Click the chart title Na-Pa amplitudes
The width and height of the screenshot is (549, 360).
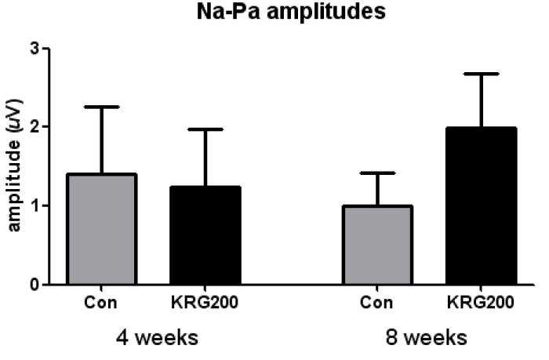click(x=291, y=13)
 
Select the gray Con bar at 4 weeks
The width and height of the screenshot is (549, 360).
click(x=101, y=229)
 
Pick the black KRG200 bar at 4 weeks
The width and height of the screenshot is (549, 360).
click(x=205, y=235)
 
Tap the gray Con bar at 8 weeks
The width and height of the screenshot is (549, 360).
click(x=377, y=245)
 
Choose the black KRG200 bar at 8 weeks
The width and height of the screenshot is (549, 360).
click(x=481, y=206)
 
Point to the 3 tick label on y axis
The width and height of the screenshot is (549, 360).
click(x=35, y=49)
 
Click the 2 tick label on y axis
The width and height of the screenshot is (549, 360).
click(x=35, y=126)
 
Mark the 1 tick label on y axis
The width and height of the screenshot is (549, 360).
click(x=35, y=205)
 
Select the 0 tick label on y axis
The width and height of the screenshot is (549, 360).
click(x=35, y=285)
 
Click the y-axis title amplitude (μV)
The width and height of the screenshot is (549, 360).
click(x=15, y=165)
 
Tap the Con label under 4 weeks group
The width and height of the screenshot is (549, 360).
click(x=100, y=303)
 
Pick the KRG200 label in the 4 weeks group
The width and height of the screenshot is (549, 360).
click(x=205, y=303)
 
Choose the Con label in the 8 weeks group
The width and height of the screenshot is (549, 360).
click(x=376, y=303)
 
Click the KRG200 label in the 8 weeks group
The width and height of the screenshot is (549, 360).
click(x=480, y=303)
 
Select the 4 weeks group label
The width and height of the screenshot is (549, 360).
click(x=157, y=337)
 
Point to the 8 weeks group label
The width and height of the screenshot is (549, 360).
click(x=427, y=337)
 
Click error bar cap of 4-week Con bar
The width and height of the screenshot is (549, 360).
click(x=101, y=107)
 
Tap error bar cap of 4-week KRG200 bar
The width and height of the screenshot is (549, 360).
click(x=205, y=129)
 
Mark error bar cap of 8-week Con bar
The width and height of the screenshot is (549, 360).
click(x=377, y=173)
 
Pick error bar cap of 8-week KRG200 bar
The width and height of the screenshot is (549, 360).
click(x=481, y=74)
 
